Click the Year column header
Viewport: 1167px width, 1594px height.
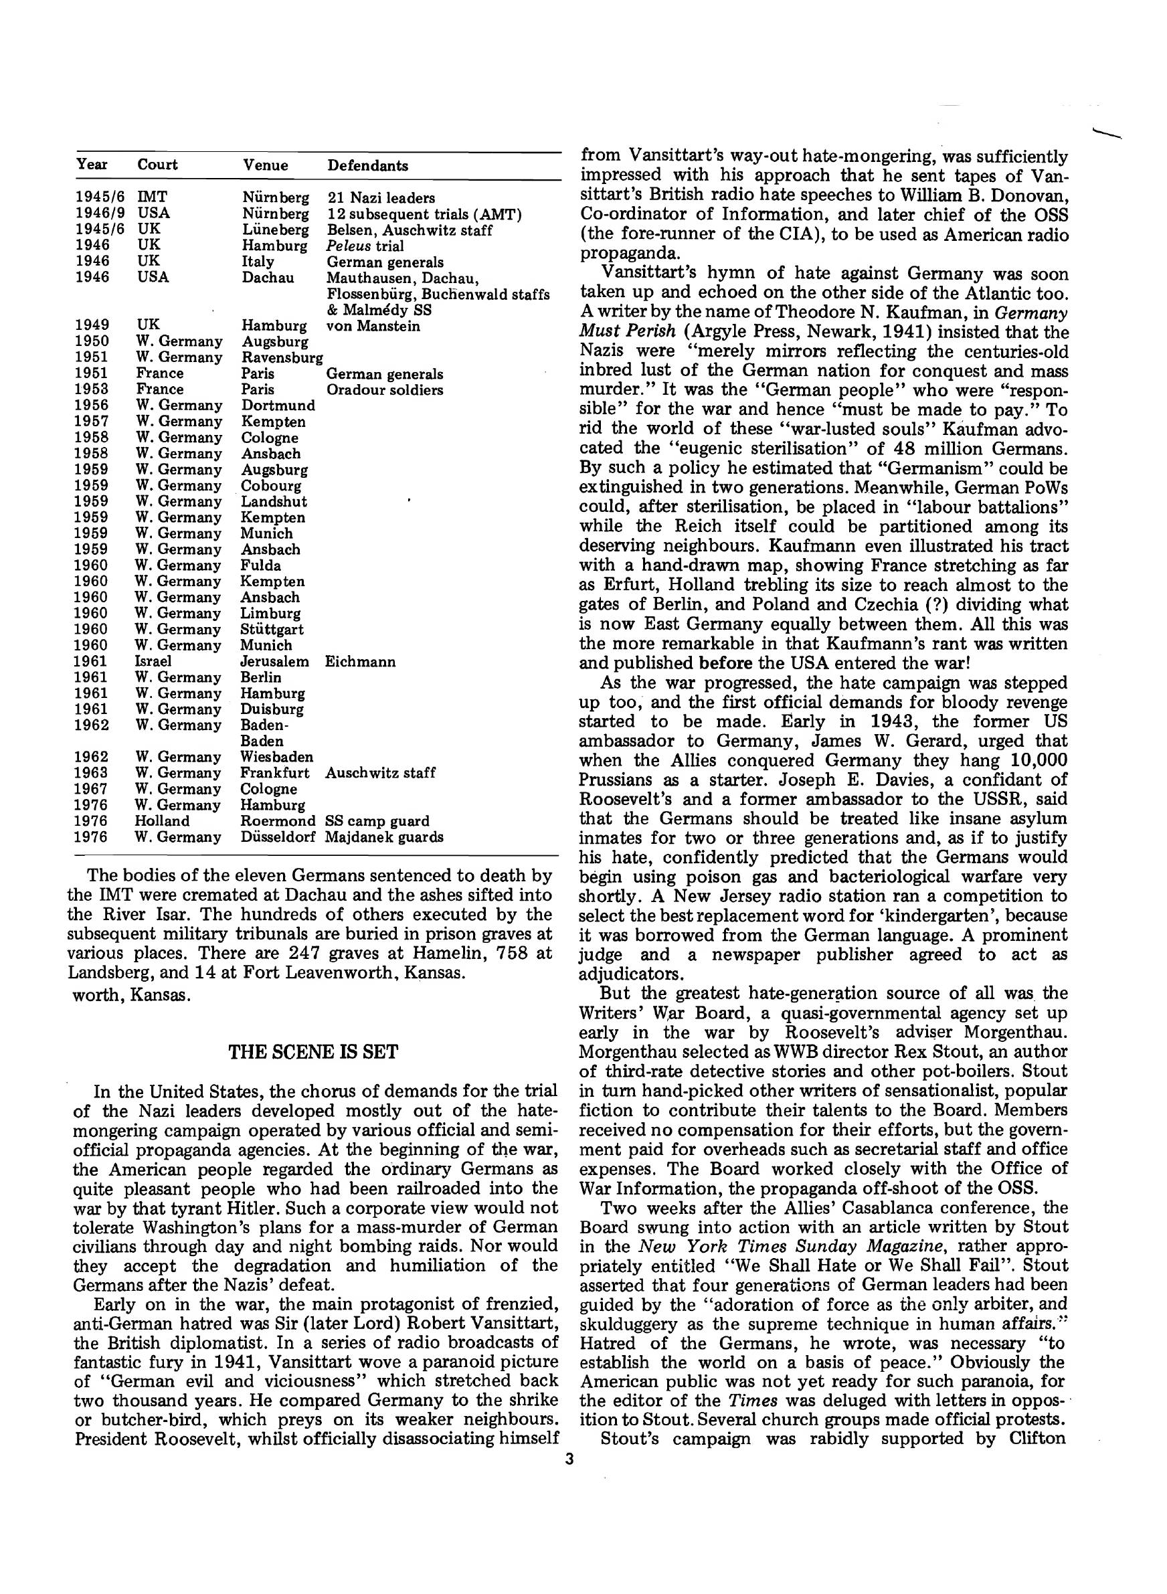(92, 165)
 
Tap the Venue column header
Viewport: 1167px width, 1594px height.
(265, 165)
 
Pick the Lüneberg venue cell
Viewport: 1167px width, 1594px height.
(275, 230)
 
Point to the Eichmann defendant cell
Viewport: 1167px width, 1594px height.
(359, 662)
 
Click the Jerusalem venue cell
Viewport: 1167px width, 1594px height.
(274, 662)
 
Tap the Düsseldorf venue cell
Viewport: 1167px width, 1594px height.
(277, 837)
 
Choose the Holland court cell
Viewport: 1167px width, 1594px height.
(163, 820)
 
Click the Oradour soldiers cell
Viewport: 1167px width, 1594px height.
(385, 390)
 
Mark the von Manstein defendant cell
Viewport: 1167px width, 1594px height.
(373, 326)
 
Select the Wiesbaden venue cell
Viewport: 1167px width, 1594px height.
(276, 757)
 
